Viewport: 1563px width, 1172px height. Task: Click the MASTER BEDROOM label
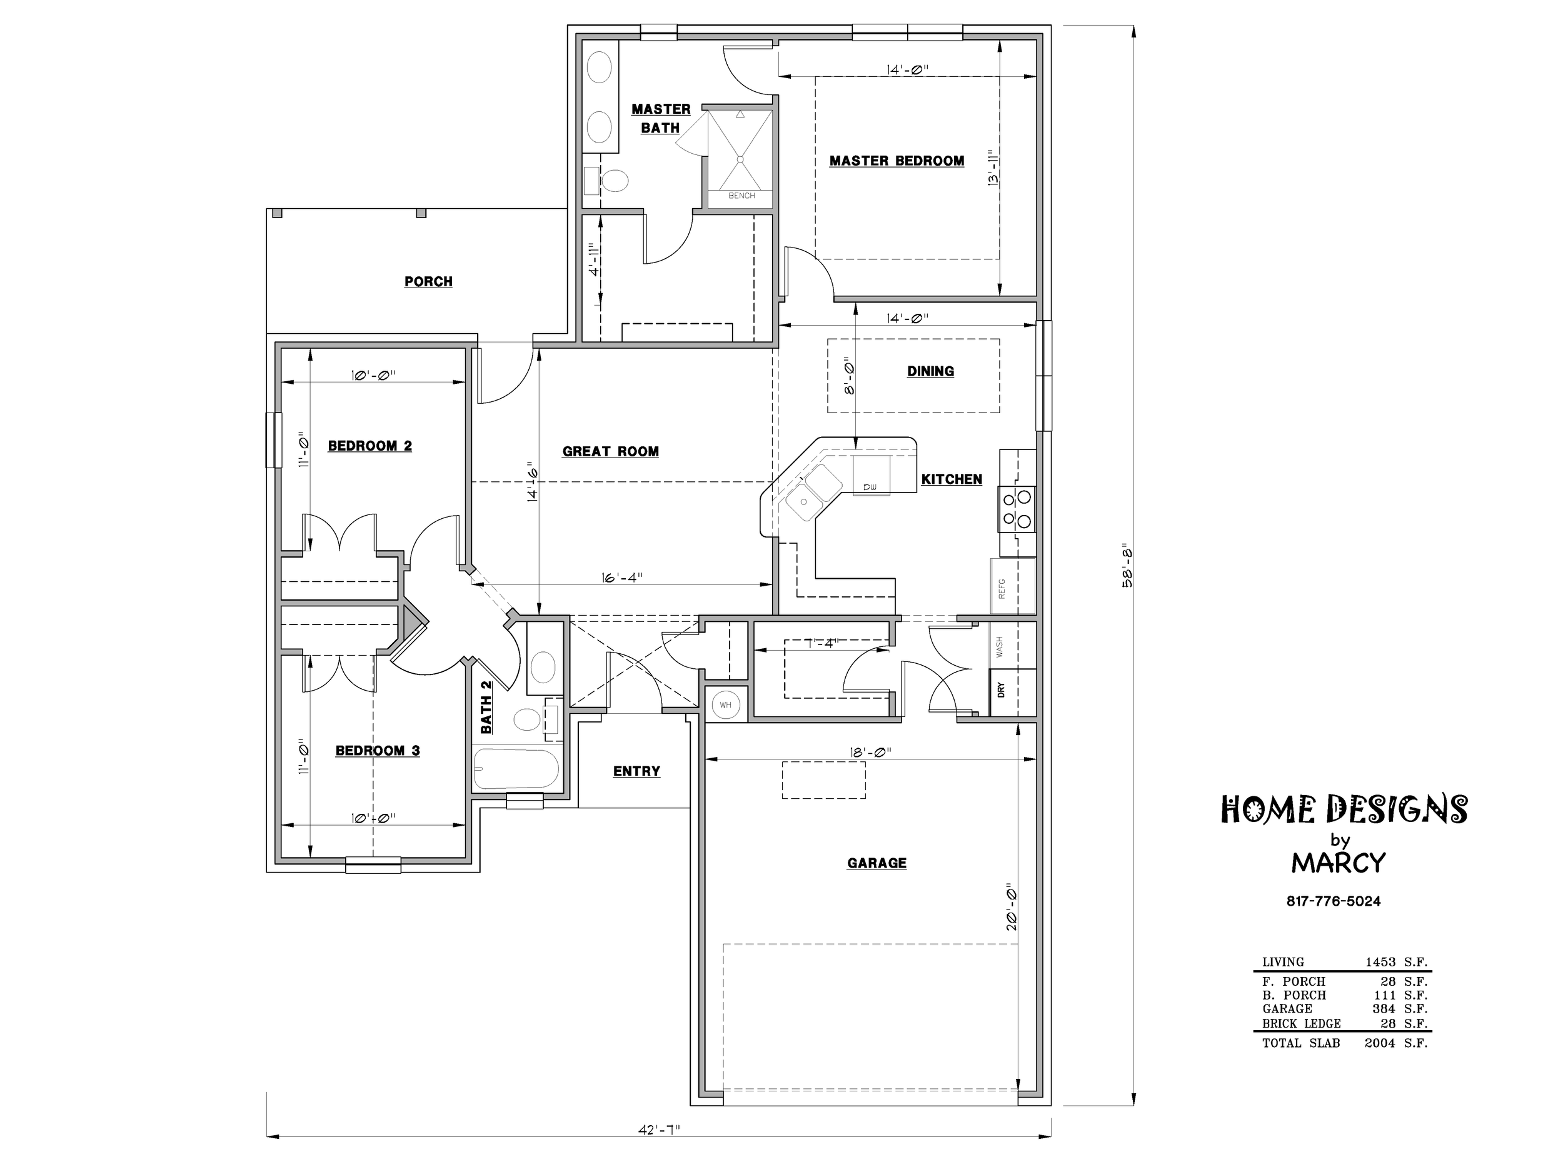pyautogui.click(x=897, y=161)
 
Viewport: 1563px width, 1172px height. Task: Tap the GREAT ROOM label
pyautogui.click(x=610, y=451)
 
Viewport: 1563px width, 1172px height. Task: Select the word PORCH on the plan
pyautogui.click(x=428, y=281)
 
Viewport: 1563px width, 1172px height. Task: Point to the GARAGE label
pyautogui.click(x=877, y=863)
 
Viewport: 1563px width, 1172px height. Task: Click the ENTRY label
pyautogui.click(x=636, y=771)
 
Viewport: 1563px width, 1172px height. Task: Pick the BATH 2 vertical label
pyautogui.click(x=486, y=706)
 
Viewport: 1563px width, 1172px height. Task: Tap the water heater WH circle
pyautogui.click(x=726, y=705)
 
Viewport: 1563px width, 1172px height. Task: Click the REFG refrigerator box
pyautogui.click(x=1013, y=586)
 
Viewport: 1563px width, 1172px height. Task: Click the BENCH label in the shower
pyautogui.click(x=741, y=196)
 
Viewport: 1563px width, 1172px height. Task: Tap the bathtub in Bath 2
pyautogui.click(x=516, y=769)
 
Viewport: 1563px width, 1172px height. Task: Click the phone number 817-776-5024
pyautogui.click(x=1334, y=901)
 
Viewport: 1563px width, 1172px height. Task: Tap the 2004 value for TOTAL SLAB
pyautogui.click(x=1379, y=1043)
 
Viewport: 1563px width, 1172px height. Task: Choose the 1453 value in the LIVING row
pyautogui.click(x=1380, y=961)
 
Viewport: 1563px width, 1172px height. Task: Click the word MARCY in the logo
pyautogui.click(x=1339, y=863)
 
